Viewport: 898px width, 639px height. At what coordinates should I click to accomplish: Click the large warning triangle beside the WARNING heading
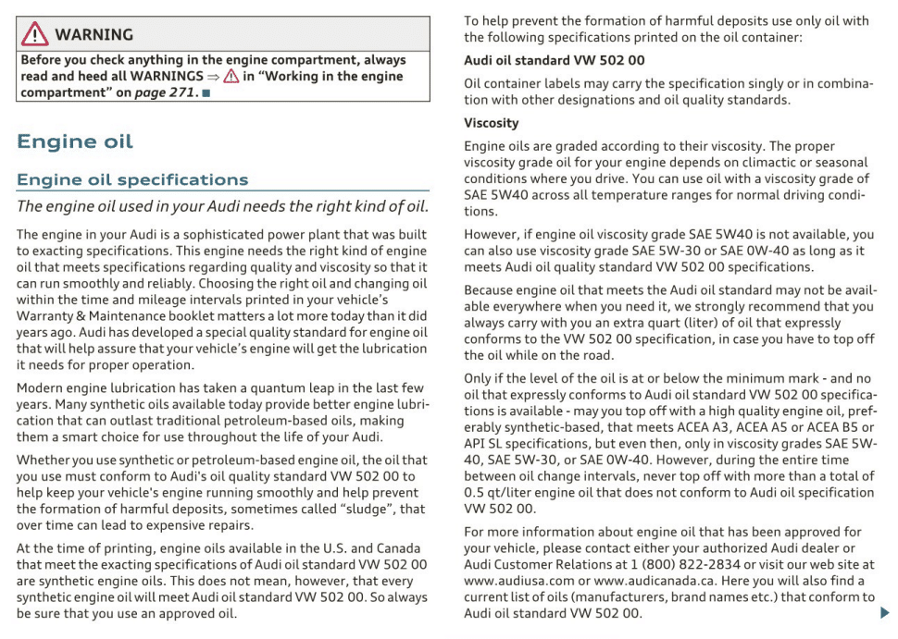tap(34, 34)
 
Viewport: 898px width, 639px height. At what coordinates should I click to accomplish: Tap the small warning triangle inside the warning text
tap(231, 77)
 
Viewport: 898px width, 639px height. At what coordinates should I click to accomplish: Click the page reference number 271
tap(179, 93)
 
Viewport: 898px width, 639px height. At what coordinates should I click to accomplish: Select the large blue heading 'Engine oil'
tap(75, 141)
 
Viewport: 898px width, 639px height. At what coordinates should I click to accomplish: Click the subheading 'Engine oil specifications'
tap(132, 179)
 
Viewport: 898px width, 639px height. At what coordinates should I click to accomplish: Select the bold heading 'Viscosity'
tap(491, 123)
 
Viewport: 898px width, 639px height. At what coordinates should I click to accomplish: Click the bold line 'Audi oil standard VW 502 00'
tap(555, 60)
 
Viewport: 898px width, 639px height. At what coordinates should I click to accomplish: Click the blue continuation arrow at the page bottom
tap(884, 611)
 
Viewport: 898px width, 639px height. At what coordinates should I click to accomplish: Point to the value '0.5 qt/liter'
tap(502, 492)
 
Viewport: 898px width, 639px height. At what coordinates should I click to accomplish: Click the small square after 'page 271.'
tap(206, 94)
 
